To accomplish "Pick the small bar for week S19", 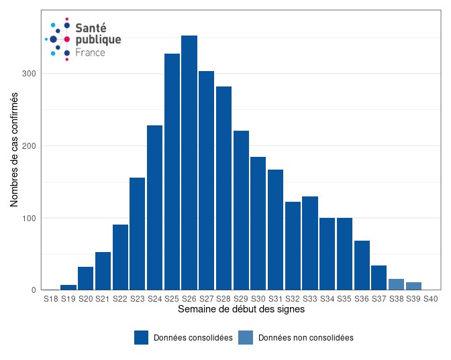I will pos(68,288).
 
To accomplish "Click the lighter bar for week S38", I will pos(397,284).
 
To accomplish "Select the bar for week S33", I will pos(310,243).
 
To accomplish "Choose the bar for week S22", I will pos(120,257).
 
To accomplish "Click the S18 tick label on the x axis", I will pos(51,299).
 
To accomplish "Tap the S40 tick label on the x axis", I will pos(431,299).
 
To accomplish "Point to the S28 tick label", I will pos(224,299).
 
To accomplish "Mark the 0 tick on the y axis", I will pos(34,290).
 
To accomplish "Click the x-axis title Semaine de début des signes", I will pos(241,310).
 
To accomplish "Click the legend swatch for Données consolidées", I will pos(141,338).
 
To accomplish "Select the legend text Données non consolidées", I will pos(305,338).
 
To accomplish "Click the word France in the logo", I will pos(90,52).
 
